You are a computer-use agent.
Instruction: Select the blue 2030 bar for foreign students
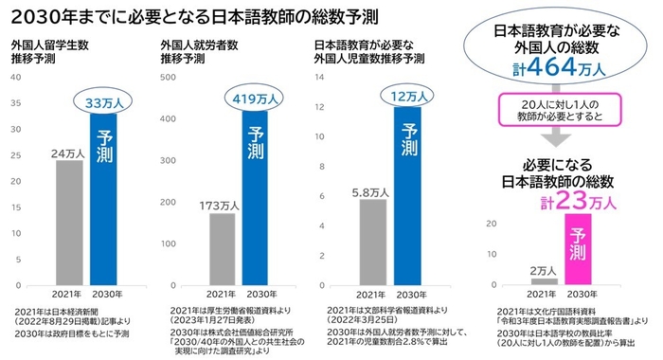(x=103, y=199)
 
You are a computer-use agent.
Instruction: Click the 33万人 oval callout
(x=103, y=101)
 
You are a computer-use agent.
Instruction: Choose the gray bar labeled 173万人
(x=222, y=248)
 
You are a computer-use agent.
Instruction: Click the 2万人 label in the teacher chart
(x=543, y=270)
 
